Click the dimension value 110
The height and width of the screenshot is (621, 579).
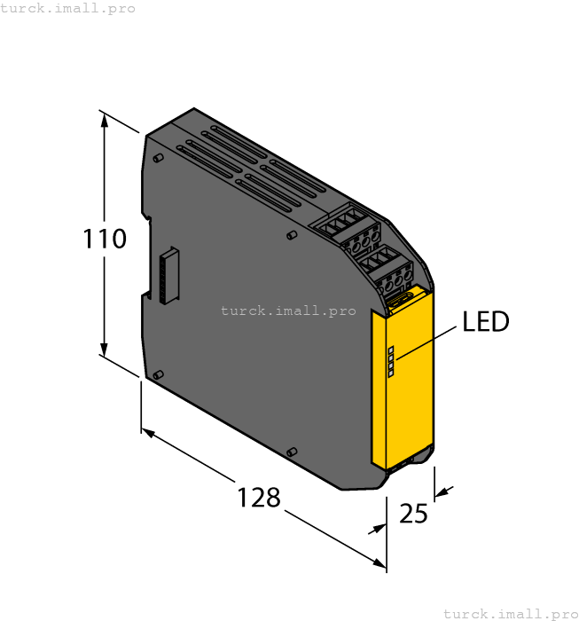[106, 239]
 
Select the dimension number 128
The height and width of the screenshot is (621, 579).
[258, 498]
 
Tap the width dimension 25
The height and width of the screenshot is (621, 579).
[412, 514]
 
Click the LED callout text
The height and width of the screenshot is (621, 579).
[486, 321]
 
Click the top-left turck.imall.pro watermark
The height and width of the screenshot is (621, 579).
[68, 8]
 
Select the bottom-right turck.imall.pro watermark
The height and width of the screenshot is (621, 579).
[510, 613]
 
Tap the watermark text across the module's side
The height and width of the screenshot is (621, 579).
[287, 310]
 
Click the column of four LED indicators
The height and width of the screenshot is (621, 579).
[390, 362]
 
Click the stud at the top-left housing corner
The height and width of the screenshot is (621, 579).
[157, 158]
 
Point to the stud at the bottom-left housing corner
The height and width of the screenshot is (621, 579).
[157, 375]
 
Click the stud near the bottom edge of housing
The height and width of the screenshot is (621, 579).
[291, 452]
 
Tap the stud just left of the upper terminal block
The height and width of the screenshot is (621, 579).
[291, 236]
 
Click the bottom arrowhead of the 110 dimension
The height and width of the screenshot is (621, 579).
[106, 350]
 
